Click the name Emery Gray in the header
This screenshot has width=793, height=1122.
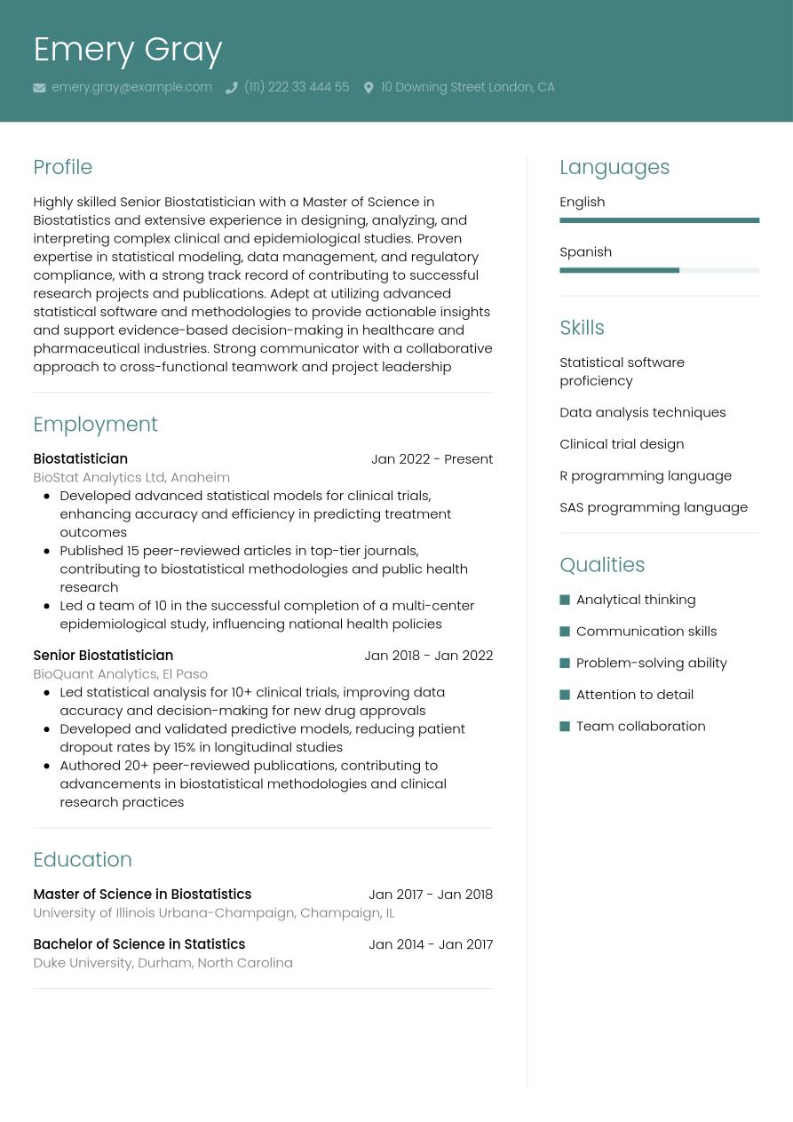[x=127, y=50]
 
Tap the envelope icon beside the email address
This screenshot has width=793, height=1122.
[x=39, y=88]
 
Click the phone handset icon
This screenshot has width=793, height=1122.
[x=232, y=88]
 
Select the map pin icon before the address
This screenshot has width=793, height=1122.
[x=369, y=88]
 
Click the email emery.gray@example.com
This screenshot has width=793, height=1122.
[x=131, y=87]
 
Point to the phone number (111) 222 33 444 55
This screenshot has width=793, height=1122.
[x=296, y=87]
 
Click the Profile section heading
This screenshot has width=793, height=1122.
[x=62, y=167]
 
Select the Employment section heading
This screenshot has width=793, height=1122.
[x=95, y=425]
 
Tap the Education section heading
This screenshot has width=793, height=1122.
[x=82, y=860]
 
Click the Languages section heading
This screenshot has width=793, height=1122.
[x=614, y=167]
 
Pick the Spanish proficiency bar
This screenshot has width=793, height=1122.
[x=659, y=270]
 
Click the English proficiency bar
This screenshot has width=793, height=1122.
[x=659, y=220]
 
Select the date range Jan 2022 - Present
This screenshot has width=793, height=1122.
[x=432, y=459]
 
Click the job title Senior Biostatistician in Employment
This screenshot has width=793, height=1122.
[x=103, y=656]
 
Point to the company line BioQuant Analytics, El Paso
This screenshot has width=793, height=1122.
[x=120, y=674]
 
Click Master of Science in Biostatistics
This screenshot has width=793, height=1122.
[x=142, y=895]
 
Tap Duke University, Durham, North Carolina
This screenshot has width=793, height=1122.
[x=163, y=963]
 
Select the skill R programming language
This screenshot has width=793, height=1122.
[x=646, y=475]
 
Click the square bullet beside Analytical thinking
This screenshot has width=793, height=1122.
[x=565, y=600]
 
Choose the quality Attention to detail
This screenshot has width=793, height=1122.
[x=634, y=695]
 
